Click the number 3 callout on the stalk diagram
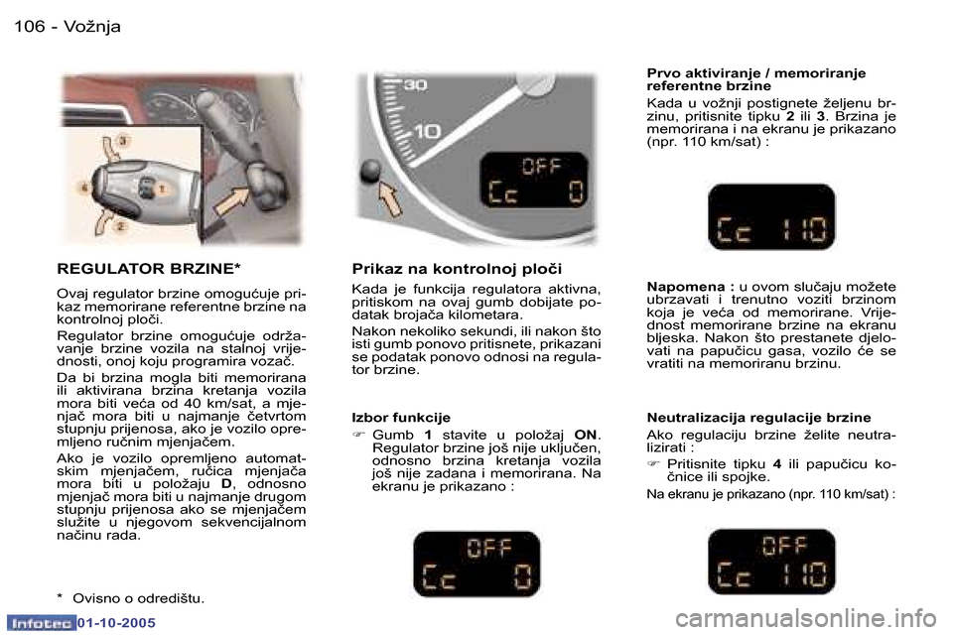coord(123,142)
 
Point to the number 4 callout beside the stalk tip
coord(84,187)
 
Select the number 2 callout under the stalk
coord(121,227)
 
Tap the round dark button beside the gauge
coord(371,171)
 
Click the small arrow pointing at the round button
coord(391,202)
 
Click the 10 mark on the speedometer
coord(428,131)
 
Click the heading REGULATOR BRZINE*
coord(149,269)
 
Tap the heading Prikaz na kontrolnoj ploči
coord(457,269)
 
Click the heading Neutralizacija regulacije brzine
coord(758,418)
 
